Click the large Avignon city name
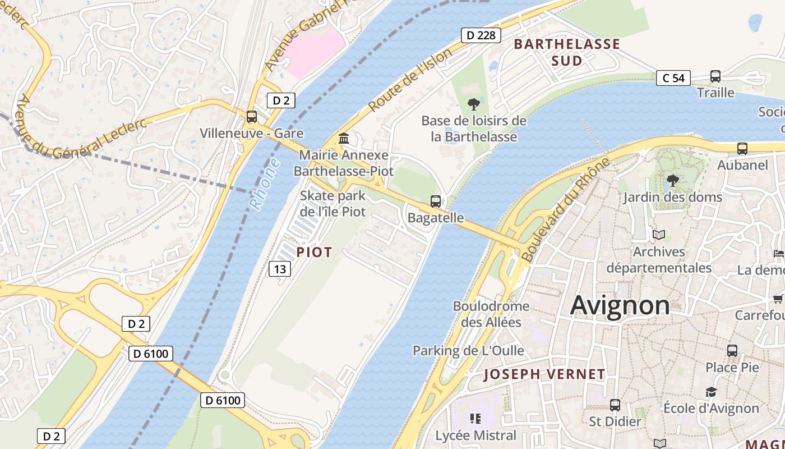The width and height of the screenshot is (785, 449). [620, 306]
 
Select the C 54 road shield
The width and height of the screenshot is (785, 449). [673, 78]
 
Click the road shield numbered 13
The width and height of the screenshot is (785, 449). [280, 269]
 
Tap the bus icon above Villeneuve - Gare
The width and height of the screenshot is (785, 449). [252, 117]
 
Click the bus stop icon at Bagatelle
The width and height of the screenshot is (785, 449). [435, 201]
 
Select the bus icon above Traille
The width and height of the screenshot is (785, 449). [715, 76]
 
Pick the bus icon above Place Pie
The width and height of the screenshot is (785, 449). [732, 351]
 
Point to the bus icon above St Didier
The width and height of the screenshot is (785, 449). [615, 405]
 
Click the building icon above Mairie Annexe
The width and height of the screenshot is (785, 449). [344, 138]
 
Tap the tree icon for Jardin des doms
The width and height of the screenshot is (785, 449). [673, 181]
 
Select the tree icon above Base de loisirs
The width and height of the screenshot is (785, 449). [474, 104]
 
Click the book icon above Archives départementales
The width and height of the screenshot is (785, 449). [659, 235]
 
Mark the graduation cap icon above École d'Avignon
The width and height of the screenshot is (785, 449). [711, 392]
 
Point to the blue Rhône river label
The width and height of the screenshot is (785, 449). [264, 184]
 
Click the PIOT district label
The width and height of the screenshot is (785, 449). [314, 253]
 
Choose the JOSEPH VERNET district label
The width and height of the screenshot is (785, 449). [544, 374]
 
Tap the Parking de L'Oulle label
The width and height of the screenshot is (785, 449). [468, 351]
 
